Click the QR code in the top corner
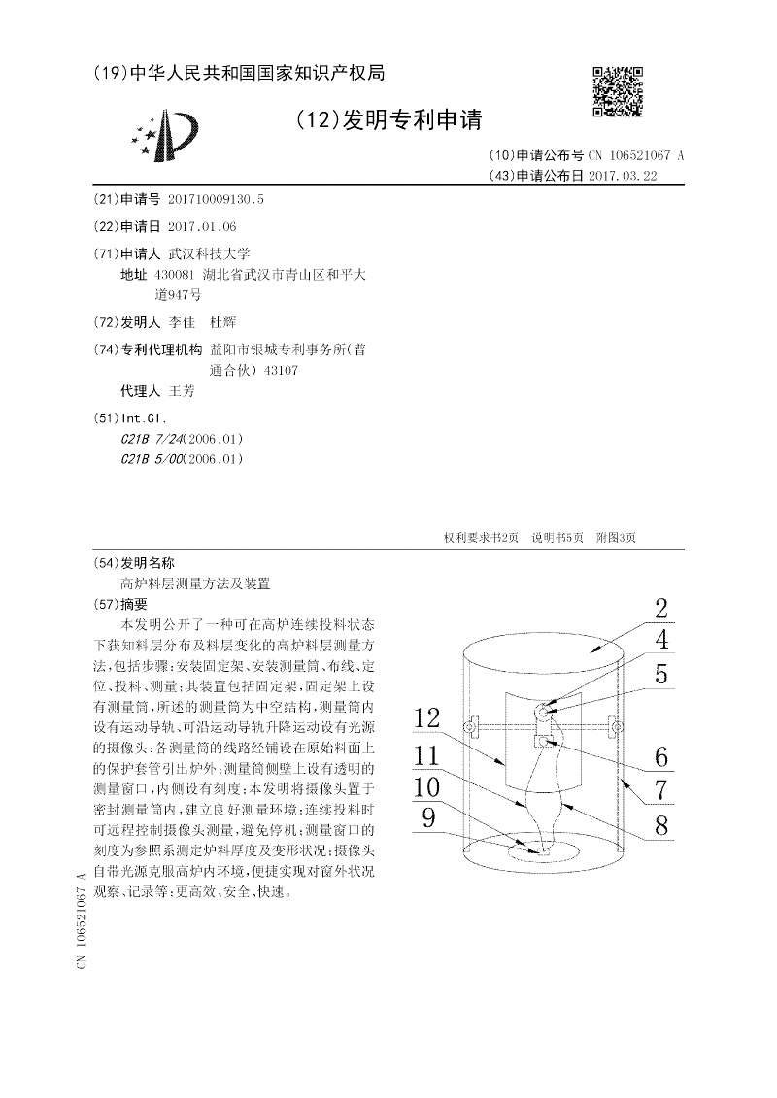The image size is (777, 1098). coord(618,93)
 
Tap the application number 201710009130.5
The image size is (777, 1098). coord(216,199)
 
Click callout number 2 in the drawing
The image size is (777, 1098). coord(660,610)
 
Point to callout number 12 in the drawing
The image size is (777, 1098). coord(426,719)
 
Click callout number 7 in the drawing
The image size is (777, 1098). coord(660,789)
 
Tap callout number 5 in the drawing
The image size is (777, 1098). coord(660,674)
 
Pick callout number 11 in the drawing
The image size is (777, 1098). coord(426,754)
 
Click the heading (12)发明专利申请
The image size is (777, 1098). coord(388,120)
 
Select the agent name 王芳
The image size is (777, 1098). coord(183,391)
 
